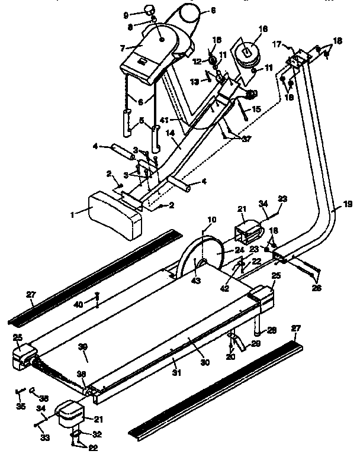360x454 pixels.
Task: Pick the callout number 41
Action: (x=165, y=120)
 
